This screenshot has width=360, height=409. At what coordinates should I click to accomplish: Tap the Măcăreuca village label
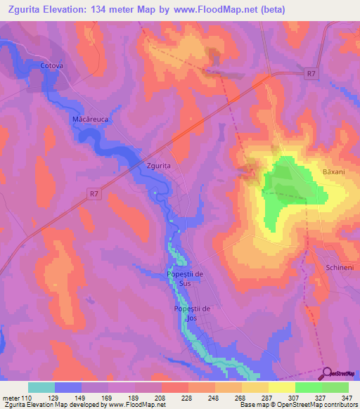pyautogui.click(x=90, y=120)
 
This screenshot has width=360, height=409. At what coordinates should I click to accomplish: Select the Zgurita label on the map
pyautogui.click(x=159, y=166)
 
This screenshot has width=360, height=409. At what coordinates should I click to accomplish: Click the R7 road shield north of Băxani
pyautogui.click(x=311, y=72)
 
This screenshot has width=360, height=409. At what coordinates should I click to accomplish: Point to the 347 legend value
pyautogui.click(x=347, y=398)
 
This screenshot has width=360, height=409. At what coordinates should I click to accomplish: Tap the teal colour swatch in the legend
pyautogui.click(x=41, y=387)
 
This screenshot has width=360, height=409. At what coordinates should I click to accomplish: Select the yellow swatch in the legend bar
pyautogui.click(x=282, y=387)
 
